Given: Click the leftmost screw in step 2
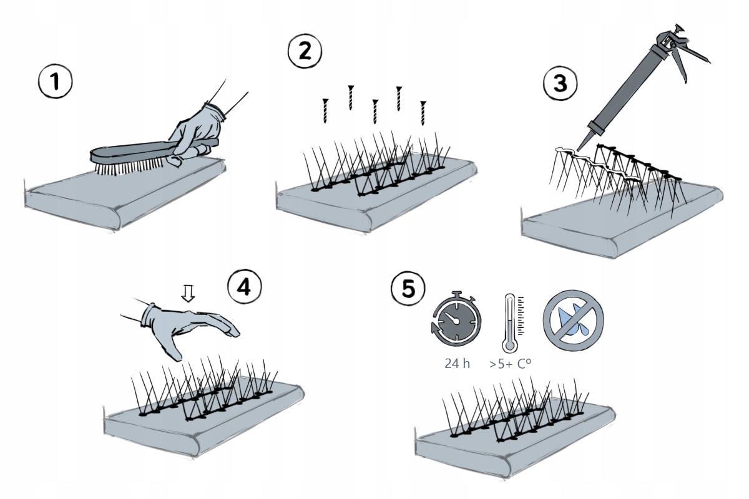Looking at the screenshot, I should (x=325, y=110).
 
